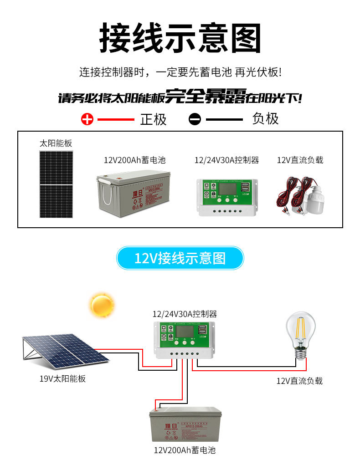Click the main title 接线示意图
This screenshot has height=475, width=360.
(180, 38)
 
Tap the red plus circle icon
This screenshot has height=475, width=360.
(87, 119)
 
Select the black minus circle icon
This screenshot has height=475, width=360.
(195, 119)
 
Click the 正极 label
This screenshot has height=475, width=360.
(153, 119)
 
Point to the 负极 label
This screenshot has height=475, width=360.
(265, 119)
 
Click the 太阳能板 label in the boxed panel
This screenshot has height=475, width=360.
(56, 143)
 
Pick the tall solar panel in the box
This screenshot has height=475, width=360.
(56, 184)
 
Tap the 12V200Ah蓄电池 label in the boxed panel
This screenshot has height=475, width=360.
(134, 160)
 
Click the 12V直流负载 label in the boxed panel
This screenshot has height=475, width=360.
(300, 160)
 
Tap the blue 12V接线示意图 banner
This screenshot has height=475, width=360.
(180, 258)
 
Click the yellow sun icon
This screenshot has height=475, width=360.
(102, 305)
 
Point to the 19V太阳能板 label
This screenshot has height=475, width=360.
(62, 378)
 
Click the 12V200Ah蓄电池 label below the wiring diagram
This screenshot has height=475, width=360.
(184, 450)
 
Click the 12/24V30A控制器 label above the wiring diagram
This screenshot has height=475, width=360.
(184, 314)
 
